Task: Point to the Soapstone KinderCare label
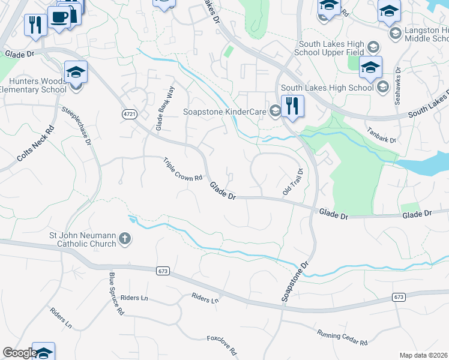[224, 112]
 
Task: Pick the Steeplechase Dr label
[79, 125]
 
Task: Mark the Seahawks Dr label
[397, 88]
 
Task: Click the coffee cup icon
[59, 17]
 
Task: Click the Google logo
[20, 353]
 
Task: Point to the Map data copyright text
[424, 355]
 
